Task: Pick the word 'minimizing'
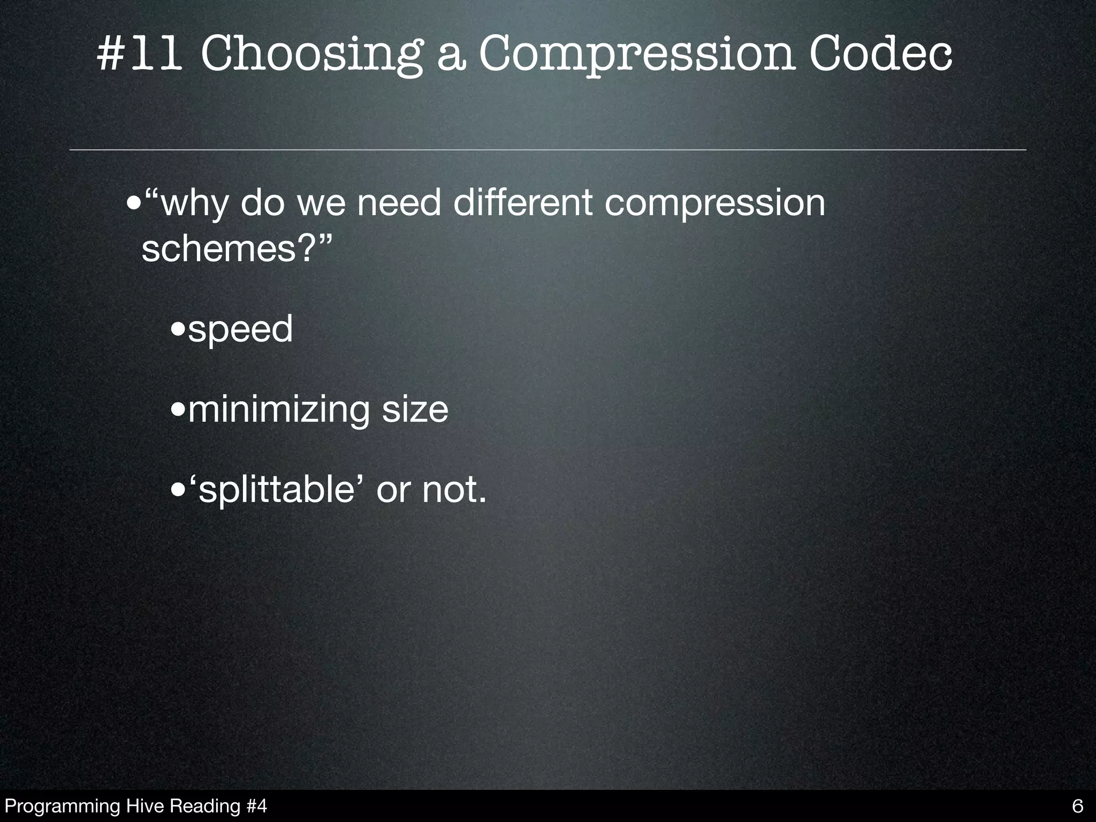[278, 410]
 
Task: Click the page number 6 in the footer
[1078, 806]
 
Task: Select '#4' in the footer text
[257, 806]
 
